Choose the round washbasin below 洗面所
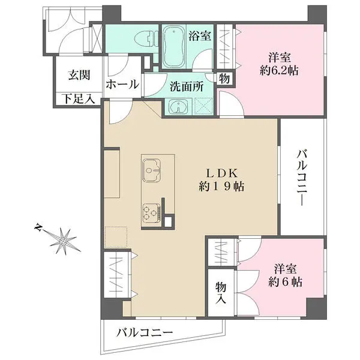point(178,107)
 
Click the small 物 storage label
point(223,78)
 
